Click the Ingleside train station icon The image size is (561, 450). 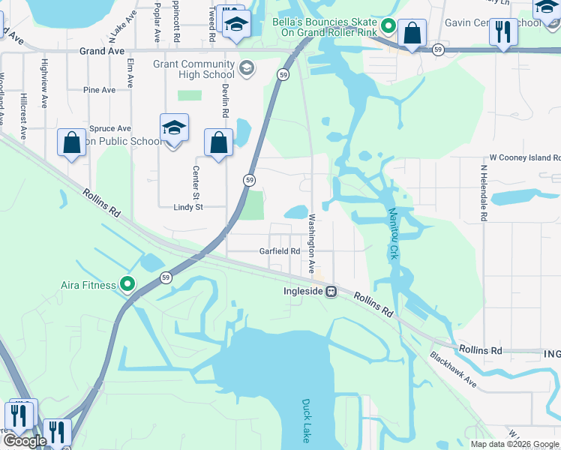point(330,292)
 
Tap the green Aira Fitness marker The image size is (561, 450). point(127,284)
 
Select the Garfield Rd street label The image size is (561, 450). point(280,251)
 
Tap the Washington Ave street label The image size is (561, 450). point(311,244)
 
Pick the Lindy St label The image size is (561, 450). point(188,207)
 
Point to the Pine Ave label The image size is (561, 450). point(100,90)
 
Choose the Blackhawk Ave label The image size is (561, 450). point(454,371)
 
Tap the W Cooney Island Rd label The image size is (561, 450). point(524,158)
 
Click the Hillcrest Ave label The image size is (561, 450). point(24,116)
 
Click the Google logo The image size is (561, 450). point(25,441)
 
